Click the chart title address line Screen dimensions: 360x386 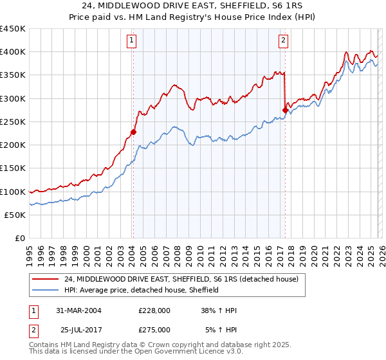[x=193, y=6]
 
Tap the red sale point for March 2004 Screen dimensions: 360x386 [x=133, y=132]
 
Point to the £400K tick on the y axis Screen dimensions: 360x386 [x=13, y=52]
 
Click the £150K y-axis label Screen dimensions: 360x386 [x=13, y=168]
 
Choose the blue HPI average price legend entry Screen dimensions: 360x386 [x=142, y=291]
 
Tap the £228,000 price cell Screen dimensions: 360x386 [x=154, y=310]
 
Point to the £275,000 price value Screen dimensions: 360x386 [x=154, y=329]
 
